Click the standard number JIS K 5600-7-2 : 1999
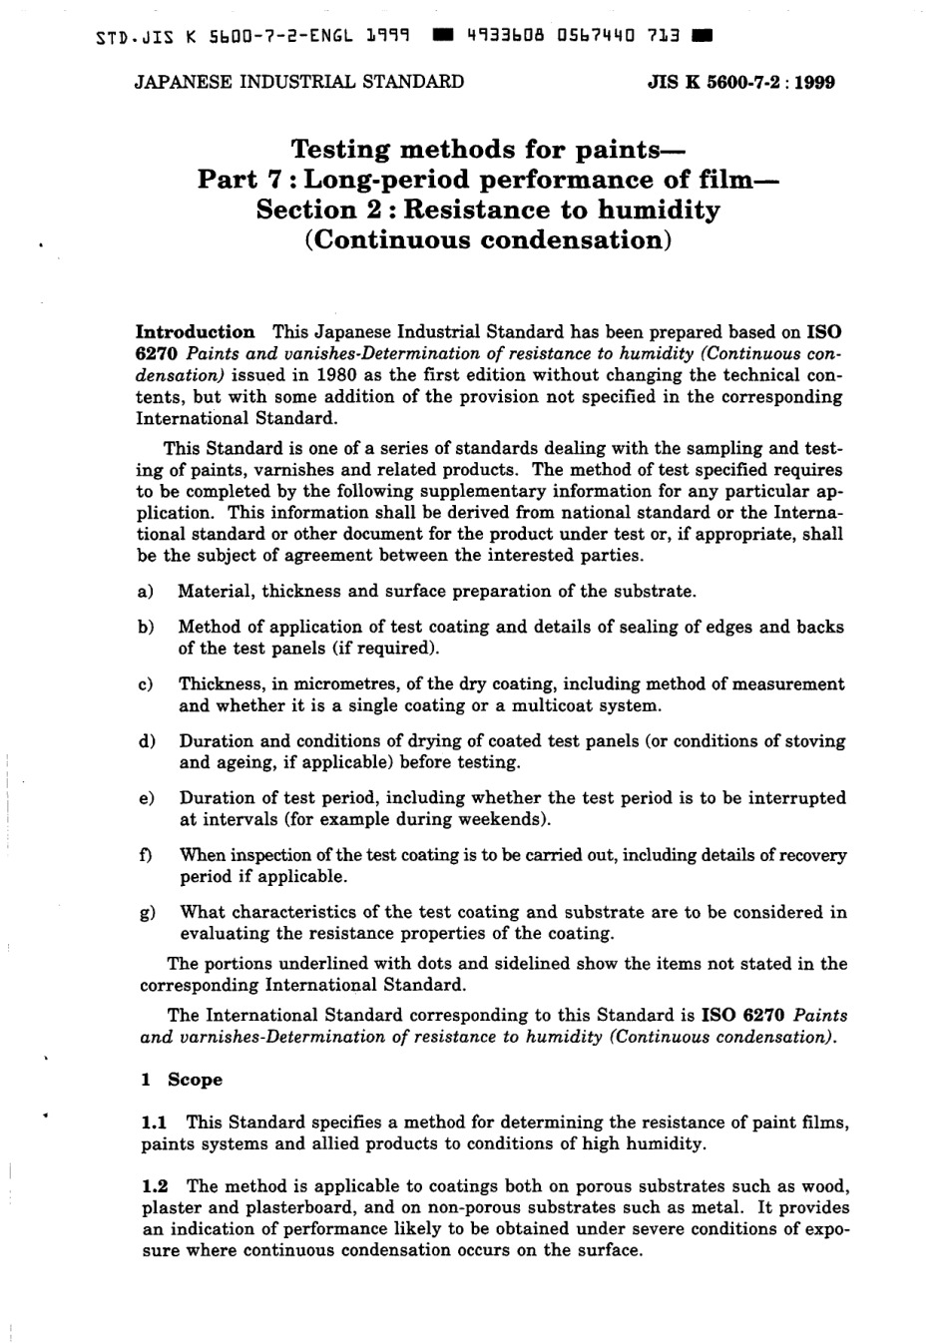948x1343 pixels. [x=740, y=82]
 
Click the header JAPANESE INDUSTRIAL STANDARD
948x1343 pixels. [x=298, y=82]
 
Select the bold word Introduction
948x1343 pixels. [x=195, y=332]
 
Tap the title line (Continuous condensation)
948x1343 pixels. [x=488, y=240]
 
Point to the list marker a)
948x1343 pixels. [x=145, y=592]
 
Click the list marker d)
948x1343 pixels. [x=146, y=741]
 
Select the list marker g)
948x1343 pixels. [x=147, y=913]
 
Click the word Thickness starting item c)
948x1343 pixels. [x=221, y=684]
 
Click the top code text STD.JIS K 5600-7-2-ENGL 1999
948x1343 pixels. [x=254, y=38]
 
